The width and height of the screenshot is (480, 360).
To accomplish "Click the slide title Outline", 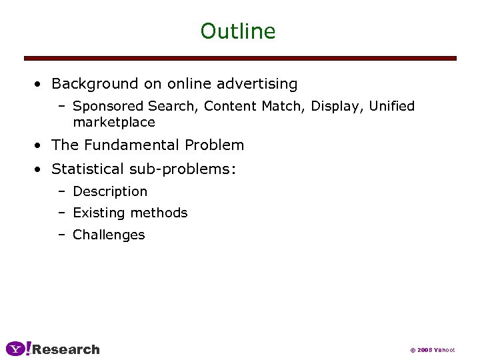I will click(x=238, y=31).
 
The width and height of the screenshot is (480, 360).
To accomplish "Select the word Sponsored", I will click(x=108, y=107).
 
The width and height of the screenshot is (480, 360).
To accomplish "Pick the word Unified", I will click(x=392, y=107).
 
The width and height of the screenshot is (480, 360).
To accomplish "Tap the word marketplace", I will click(x=114, y=123).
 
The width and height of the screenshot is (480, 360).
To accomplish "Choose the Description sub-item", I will click(x=110, y=192).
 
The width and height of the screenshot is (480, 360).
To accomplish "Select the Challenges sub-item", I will click(x=109, y=235).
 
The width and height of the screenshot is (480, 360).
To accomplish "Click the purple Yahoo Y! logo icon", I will click(x=18, y=349).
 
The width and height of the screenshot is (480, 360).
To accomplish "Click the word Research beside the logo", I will click(x=66, y=349).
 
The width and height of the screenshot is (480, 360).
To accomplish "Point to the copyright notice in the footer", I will click(x=432, y=350).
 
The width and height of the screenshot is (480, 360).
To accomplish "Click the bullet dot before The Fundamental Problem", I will click(x=40, y=145).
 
